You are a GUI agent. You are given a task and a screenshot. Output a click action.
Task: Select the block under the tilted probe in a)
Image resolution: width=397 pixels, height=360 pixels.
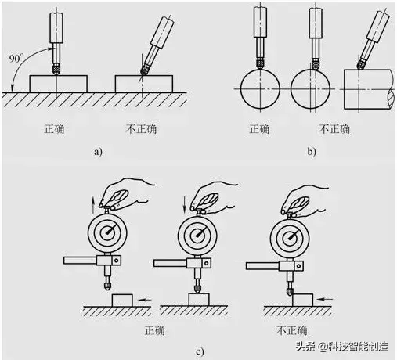click(142, 83)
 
